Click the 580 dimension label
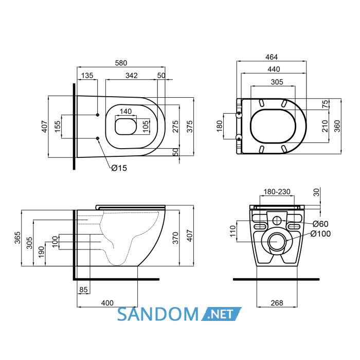[121, 63]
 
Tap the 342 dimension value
[132, 75]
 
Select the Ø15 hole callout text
[119, 168]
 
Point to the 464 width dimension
[272, 57]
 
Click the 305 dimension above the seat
[277, 82]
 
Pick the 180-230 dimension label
[277, 191]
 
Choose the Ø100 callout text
[320, 233]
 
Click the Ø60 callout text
[320, 224]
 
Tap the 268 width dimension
[277, 303]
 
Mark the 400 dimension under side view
[107, 303]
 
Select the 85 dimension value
[83, 290]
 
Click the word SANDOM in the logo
[158, 314]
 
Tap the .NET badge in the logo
[221, 314]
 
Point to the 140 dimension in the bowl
[125, 111]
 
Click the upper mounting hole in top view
[98, 115]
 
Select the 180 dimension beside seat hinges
[220, 126]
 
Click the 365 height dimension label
[17, 238]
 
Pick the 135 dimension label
[87, 75]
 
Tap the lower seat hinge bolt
[239, 138]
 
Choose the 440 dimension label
[274, 69]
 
